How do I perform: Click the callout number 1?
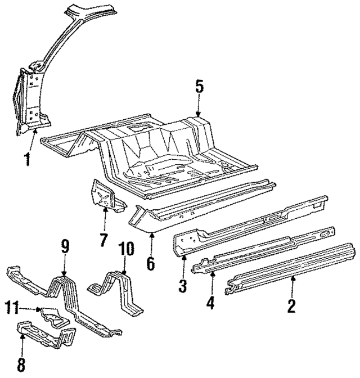click(26, 159)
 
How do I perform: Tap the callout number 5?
click(199, 87)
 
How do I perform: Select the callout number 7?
click(103, 240)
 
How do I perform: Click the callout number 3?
click(182, 286)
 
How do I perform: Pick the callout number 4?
click(210, 303)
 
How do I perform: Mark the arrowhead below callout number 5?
click(199, 114)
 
